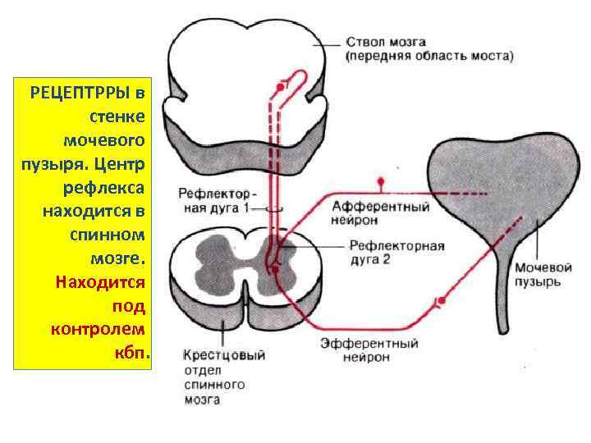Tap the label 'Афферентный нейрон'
(x=381, y=213)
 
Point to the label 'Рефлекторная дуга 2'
(x=396, y=253)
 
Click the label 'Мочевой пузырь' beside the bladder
(x=538, y=274)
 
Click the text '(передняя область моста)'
(x=428, y=57)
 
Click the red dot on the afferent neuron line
(x=379, y=180)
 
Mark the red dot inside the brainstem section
(x=281, y=85)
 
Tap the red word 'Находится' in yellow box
(x=100, y=282)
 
